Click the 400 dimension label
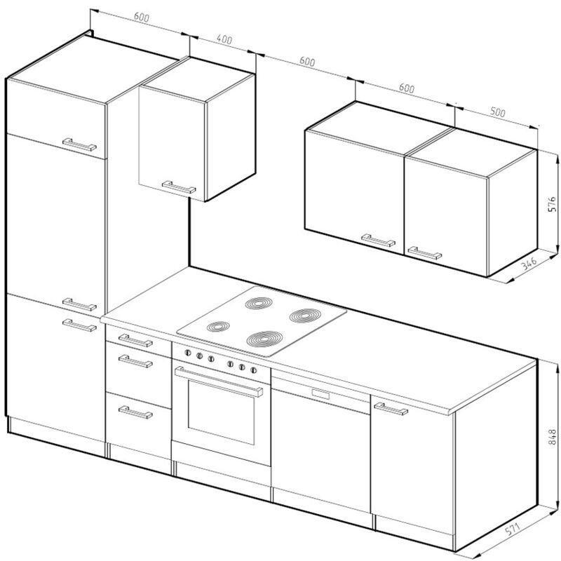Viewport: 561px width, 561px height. pyautogui.click(x=224, y=39)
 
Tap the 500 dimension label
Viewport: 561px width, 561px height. pyautogui.click(x=498, y=112)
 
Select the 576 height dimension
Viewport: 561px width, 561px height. pyautogui.click(x=552, y=204)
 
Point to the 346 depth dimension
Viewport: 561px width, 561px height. pyautogui.click(x=529, y=264)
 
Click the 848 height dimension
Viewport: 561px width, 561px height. pyautogui.click(x=552, y=437)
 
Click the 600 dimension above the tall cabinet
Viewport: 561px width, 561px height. pyautogui.click(x=142, y=17)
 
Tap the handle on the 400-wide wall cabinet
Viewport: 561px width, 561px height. pyautogui.click(x=179, y=187)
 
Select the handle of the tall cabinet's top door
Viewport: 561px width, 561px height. pyautogui.click(x=79, y=144)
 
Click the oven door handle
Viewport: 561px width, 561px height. pyautogui.click(x=219, y=381)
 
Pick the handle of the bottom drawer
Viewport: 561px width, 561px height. pyautogui.click(x=135, y=412)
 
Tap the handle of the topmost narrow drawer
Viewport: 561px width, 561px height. pyautogui.click(x=135, y=340)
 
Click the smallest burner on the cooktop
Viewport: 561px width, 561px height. pyautogui.click(x=218, y=326)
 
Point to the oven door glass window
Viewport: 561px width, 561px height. pyautogui.click(x=221, y=412)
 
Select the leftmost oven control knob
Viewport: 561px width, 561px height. pyautogui.click(x=187, y=353)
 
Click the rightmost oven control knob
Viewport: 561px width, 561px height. pyautogui.click(x=253, y=370)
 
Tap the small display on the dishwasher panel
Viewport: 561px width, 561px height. pyautogui.click(x=320, y=394)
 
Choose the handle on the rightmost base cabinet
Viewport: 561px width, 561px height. pyautogui.click(x=391, y=409)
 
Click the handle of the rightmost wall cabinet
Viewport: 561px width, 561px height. pyautogui.click(x=425, y=252)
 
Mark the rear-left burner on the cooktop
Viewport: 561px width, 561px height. pyautogui.click(x=259, y=303)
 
